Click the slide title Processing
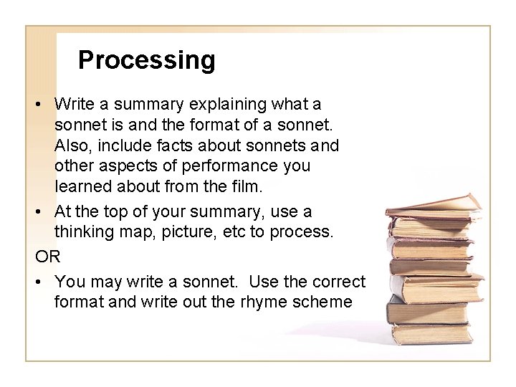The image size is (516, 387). [146, 60]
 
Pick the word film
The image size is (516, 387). [248, 186]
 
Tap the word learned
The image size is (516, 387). [81, 186]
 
